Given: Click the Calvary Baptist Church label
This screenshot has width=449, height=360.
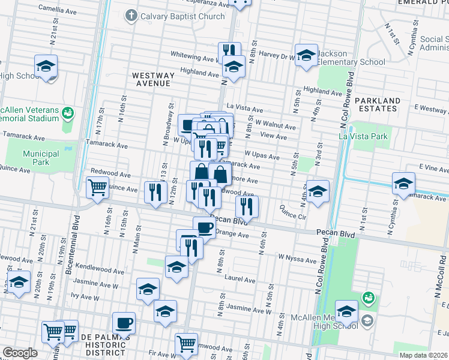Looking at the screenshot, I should point(182,16).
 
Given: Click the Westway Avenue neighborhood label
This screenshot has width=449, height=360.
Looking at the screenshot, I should point(153,80).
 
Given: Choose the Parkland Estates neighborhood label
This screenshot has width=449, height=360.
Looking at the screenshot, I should point(376,104).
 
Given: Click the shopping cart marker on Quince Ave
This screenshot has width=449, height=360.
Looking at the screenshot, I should point(97,187).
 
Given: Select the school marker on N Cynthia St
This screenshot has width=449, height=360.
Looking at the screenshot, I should point(403,183).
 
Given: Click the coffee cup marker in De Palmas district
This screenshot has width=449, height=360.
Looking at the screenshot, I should point(124,323).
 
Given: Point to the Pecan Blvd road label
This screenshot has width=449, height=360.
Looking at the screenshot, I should point(228,221).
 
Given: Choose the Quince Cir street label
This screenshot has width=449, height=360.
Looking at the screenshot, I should point(294,212).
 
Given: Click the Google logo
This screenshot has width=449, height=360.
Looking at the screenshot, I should point(20,353).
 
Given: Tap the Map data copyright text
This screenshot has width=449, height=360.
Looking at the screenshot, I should point(424,355).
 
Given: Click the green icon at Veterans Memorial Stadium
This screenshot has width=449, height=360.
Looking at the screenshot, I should point(68,112).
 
